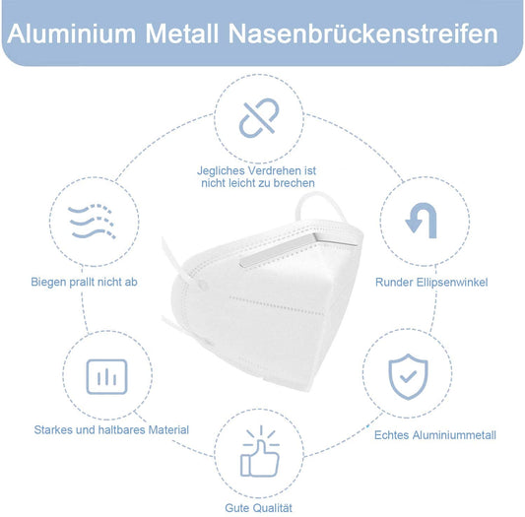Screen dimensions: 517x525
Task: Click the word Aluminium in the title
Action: [72, 33]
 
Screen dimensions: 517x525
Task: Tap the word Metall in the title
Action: [184, 33]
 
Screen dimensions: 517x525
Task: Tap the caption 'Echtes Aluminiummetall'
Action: [435, 435]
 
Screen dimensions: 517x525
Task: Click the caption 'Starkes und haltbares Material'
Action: [110, 430]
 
